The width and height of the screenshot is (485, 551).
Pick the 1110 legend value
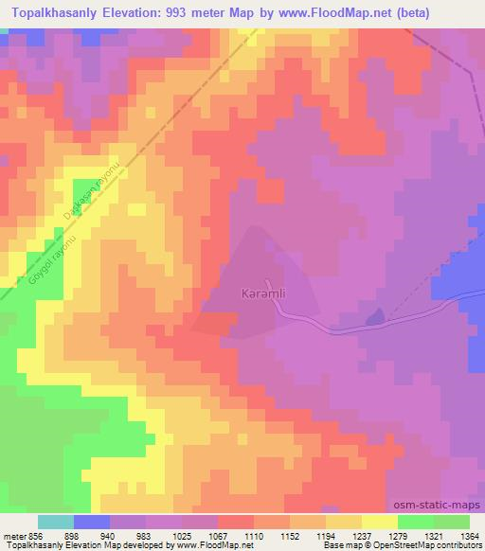[x=252, y=534]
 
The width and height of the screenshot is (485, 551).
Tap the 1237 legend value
[x=361, y=534]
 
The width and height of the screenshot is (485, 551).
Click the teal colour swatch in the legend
[x=56, y=522]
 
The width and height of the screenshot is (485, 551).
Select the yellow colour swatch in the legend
[x=380, y=522]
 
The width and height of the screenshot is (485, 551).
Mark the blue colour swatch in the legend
[x=92, y=522]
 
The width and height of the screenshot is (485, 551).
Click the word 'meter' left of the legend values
[x=13, y=534]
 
